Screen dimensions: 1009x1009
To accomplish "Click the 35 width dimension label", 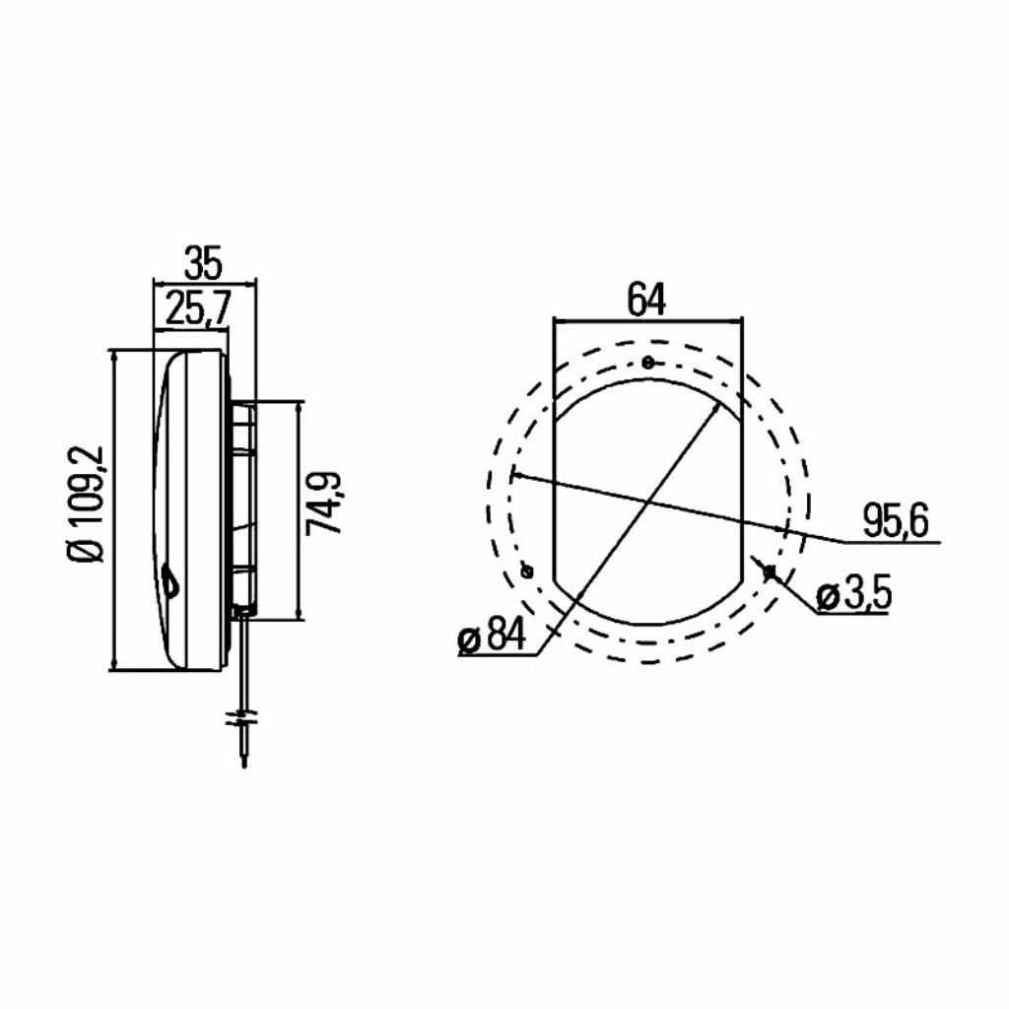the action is tap(203, 262).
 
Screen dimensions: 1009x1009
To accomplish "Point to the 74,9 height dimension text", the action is tap(323, 504).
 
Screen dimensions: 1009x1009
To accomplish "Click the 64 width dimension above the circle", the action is tap(646, 300).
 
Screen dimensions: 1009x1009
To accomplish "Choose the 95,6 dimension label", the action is tap(896, 520).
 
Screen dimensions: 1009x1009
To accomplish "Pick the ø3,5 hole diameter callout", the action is tap(853, 595).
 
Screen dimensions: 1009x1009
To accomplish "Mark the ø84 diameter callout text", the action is tap(492, 635).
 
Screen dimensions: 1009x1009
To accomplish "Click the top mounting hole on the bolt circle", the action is tap(648, 363).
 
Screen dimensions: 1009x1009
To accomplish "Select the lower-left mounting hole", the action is tap(527, 571).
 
